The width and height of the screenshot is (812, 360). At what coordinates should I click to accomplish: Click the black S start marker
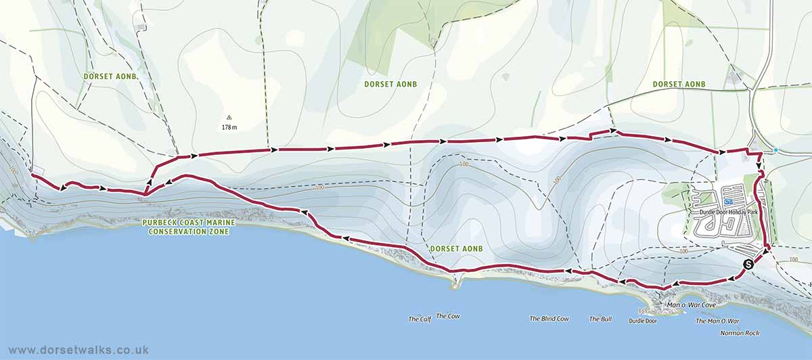coord(748,265)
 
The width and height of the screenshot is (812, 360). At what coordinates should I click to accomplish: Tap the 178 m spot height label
coord(229,127)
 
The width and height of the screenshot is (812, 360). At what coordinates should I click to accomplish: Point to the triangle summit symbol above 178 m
coord(229,117)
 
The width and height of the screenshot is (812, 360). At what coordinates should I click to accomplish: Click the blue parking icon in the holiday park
coord(728,202)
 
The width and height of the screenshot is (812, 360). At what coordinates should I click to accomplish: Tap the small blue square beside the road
coord(776,150)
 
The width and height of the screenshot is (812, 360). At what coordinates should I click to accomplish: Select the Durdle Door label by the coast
coord(642,321)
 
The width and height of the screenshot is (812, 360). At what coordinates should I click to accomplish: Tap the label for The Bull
coord(600,319)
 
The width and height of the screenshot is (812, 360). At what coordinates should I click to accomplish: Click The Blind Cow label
coord(549,319)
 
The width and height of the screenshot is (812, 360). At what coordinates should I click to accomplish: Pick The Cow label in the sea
coord(448,316)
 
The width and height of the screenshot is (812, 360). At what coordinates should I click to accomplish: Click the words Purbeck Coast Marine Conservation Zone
coord(185,227)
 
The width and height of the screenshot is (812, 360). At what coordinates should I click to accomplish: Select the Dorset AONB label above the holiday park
coord(679,84)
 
